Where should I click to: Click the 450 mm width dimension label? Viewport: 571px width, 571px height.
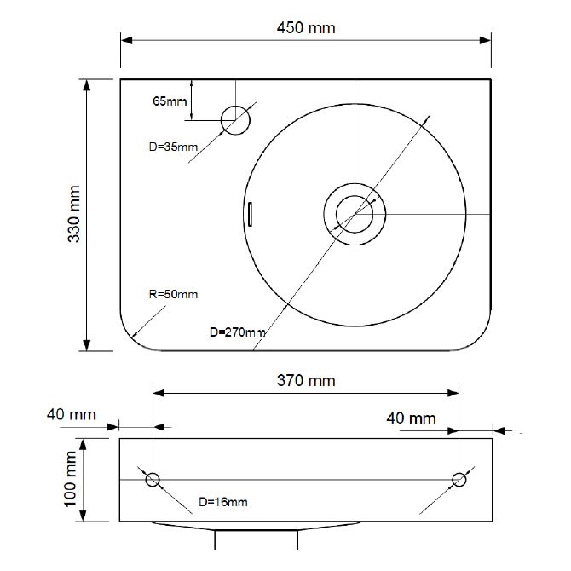pyautogui.click(x=306, y=27)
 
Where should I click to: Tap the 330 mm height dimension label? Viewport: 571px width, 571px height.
pyautogui.click(x=74, y=214)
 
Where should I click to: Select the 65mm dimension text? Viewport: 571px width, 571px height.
pyautogui.click(x=170, y=101)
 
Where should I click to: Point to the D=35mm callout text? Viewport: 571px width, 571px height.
pyautogui.click(x=173, y=147)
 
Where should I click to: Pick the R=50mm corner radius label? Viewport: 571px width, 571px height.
pyautogui.click(x=173, y=294)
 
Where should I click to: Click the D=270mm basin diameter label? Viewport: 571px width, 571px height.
pyautogui.click(x=238, y=332)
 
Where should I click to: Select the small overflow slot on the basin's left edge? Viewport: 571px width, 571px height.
pyautogui.click(x=250, y=214)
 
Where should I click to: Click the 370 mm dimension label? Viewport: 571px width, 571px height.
pyautogui.click(x=306, y=381)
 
